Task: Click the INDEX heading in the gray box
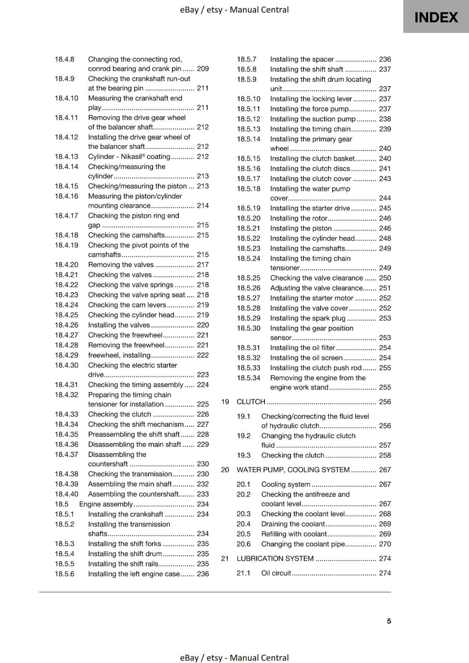[x=436, y=17]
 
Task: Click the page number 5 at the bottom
[x=389, y=621]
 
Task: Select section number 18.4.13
[x=66, y=157]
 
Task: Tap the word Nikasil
[x=131, y=157]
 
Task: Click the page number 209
[x=203, y=69]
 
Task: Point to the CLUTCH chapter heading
[x=251, y=402]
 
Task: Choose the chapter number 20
[x=225, y=470]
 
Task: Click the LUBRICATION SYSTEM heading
[x=275, y=559]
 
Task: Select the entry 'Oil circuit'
[x=276, y=573]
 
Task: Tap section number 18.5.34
[x=249, y=378]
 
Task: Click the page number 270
[x=385, y=544]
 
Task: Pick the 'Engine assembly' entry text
[x=106, y=504]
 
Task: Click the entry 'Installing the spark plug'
[x=308, y=318]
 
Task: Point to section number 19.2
[x=244, y=436]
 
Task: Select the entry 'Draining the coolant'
[x=293, y=524]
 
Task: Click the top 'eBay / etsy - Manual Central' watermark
[x=234, y=10]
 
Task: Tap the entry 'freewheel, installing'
[x=119, y=355]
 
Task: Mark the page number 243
[x=385, y=179]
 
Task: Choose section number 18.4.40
[x=66, y=494]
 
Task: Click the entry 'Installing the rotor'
[x=298, y=218]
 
